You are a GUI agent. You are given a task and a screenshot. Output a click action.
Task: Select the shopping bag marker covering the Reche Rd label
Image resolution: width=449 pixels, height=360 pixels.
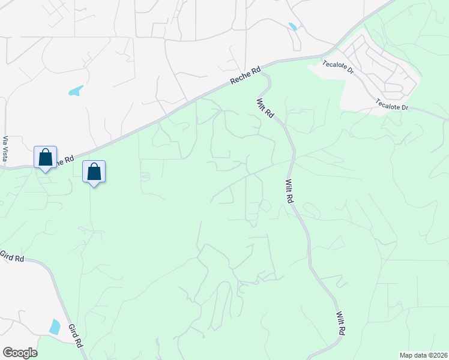pos(46,158)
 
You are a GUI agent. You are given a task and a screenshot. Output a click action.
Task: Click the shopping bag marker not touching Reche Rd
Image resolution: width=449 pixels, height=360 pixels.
pos(94,172)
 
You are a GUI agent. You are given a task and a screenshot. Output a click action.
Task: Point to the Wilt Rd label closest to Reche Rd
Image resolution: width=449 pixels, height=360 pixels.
pos(265,108)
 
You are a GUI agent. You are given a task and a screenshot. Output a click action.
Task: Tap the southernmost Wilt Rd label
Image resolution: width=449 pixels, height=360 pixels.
pos(341,323)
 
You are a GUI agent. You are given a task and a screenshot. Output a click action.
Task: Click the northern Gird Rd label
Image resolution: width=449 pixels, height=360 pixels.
pos(12,256)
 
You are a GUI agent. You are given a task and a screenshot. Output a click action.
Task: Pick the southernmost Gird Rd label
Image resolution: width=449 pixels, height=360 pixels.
pos(76,335)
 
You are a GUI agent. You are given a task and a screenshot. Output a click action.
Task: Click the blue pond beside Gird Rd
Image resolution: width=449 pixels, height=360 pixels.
pos(55,327)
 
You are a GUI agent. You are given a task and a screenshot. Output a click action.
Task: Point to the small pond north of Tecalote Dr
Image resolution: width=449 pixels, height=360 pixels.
pos(292,27)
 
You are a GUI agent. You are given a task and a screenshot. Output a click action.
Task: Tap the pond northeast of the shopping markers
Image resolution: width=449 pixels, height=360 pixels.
pos(76,91)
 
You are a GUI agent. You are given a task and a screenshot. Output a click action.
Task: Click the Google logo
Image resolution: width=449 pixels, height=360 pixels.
pos(20,353)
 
